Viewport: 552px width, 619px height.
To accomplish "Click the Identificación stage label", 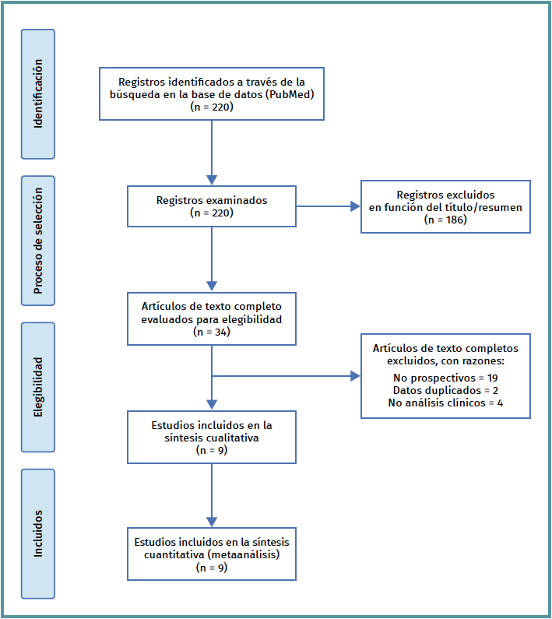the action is (38, 94).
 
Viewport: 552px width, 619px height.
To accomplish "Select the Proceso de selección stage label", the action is (38, 241).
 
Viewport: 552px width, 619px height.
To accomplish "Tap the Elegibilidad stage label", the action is (38, 387).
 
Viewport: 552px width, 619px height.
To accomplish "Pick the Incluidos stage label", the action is (38, 533).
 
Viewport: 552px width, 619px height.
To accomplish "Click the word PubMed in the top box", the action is (290, 94).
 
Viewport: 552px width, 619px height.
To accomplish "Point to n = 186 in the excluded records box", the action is (445, 220).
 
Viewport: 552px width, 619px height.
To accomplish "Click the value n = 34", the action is (212, 332).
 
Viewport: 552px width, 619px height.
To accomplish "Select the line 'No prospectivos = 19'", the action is (445, 378).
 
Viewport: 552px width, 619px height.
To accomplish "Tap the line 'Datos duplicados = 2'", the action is (445, 390).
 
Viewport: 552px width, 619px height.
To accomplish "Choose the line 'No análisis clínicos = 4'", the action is (445, 403).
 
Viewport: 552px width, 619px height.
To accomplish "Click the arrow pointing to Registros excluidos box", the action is (328, 206).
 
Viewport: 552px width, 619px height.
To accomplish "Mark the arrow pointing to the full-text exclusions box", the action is (286, 376).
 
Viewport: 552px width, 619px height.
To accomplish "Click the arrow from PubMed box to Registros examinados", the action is (212, 153).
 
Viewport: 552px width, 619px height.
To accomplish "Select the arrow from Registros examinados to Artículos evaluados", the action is (212, 259).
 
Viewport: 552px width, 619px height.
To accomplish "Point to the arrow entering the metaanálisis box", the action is (212, 495).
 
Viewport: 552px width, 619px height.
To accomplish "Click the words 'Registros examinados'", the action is (212, 200).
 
